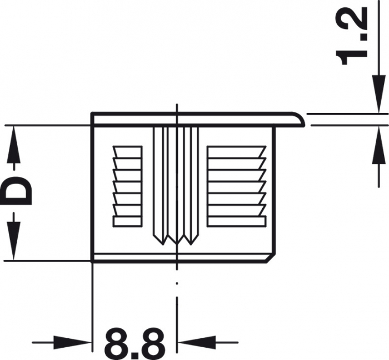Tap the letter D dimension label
18,191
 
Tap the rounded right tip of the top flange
301,119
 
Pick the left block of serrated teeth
127,186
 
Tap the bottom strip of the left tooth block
127,221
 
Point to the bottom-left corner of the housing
92,260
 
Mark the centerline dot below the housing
176,284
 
